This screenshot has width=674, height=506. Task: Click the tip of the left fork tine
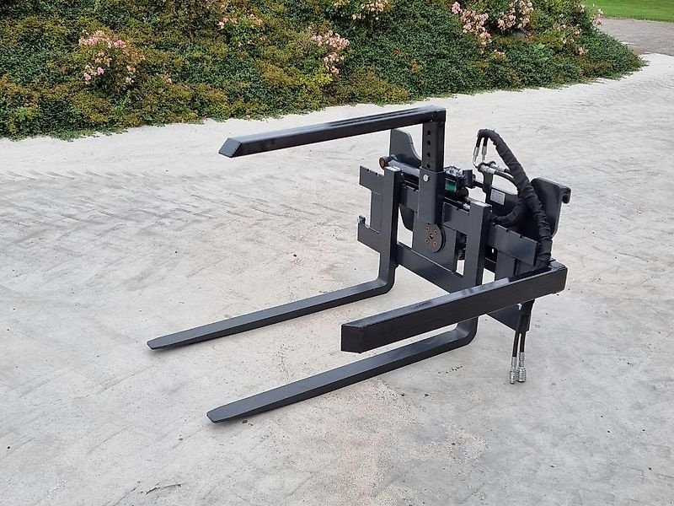[153, 343]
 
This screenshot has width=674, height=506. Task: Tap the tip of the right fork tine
[213, 415]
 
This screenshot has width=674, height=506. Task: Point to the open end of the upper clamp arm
[228, 148]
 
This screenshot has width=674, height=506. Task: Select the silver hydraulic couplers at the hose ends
[516, 369]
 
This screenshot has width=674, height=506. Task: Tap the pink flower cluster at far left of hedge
[104, 55]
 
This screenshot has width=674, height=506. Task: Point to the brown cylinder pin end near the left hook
[384, 162]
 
